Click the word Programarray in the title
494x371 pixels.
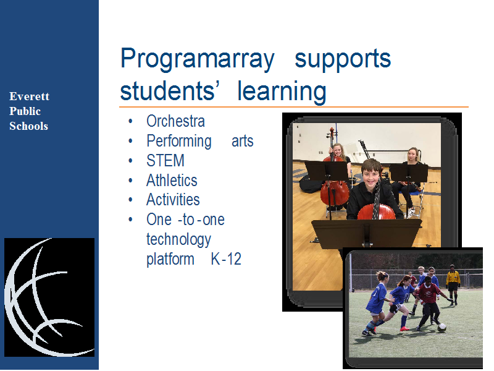pos(198,59)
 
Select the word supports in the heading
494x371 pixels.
pos(343,59)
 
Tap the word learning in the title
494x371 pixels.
pos(282,91)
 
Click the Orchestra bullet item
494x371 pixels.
pos(175,121)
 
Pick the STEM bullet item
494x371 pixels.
pos(165,160)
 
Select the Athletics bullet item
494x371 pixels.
pos(172,180)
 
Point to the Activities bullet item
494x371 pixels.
pos(173,200)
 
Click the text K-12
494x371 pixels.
pos(226,259)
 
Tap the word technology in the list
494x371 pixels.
pos(178,240)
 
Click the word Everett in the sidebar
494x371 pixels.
pos(29,96)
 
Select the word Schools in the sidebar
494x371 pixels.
pos(28,126)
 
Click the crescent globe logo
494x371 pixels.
pos(49,297)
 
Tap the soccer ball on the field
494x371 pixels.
pos(442,328)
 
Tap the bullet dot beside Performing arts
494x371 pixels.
pos(130,141)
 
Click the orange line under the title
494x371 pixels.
pos(294,107)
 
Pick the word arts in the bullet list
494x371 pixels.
pos(242,142)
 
